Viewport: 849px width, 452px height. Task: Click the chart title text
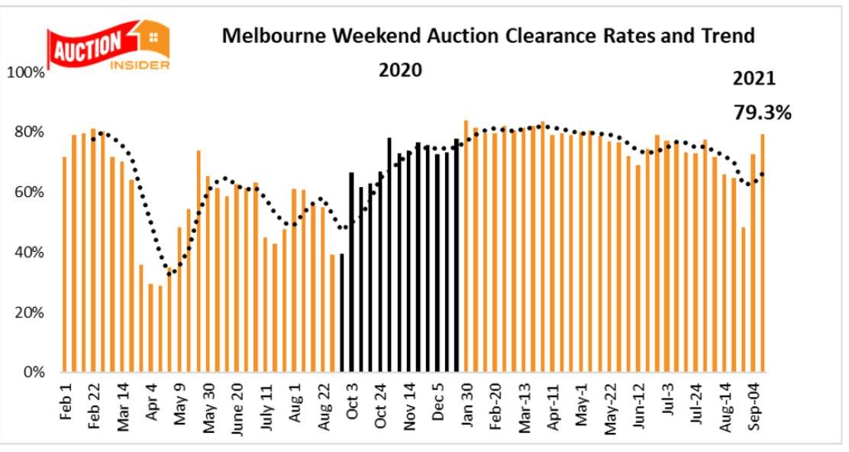(487, 36)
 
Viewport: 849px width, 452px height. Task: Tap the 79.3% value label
(762, 112)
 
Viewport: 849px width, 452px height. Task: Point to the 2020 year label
(400, 70)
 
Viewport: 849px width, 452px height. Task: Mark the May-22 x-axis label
(609, 408)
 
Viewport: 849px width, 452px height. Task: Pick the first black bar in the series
(342, 313)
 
